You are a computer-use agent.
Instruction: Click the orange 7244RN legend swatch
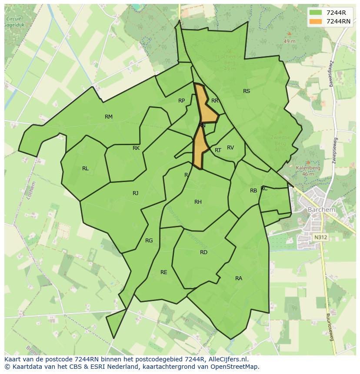316,21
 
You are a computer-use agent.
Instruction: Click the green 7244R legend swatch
316,13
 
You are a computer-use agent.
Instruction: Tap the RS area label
247,91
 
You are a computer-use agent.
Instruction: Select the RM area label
109,117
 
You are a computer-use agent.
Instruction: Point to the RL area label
85,169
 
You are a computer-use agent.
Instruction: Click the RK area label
136,148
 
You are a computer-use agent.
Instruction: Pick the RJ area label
136,193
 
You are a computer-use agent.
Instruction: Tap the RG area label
149,241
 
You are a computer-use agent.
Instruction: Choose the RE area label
164,272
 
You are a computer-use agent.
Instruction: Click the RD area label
203,252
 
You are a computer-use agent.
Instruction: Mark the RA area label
239,278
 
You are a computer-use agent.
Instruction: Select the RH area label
198,202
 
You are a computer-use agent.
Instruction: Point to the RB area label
253,191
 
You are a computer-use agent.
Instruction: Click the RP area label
182,101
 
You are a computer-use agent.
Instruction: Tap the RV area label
230,148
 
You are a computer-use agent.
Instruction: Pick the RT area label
218,150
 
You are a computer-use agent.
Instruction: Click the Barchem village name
321,210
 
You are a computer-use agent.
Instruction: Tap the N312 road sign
320,237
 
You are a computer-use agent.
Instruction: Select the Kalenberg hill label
308,168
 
